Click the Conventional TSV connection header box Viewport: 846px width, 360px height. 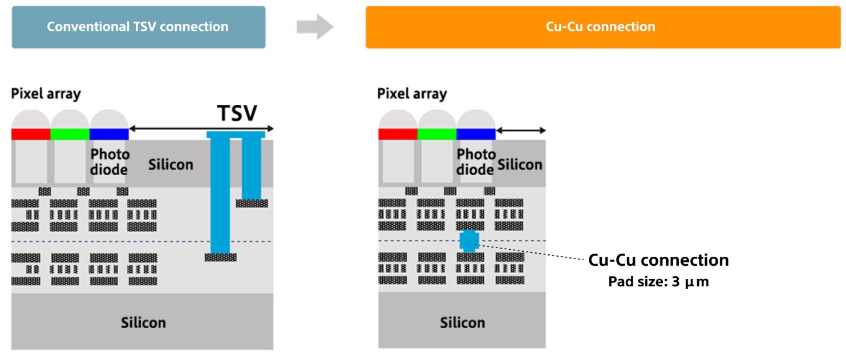[138, 27]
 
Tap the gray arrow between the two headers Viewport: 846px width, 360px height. [315, 27]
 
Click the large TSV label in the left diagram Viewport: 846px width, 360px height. [237, 114]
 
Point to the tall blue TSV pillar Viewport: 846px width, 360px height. [220, 194]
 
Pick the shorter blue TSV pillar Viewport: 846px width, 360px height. [252, 168]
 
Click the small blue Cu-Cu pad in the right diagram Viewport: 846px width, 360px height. [468, 241]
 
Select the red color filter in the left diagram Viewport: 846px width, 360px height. [31, 134]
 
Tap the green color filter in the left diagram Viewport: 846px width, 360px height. [70, 134]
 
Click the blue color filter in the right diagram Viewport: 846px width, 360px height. [476, 134]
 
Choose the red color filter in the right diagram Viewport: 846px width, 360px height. [398, 134]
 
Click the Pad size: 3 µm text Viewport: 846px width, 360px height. [658, 282]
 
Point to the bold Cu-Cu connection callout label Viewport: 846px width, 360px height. [658, 260]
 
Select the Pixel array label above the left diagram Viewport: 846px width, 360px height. [46, 94]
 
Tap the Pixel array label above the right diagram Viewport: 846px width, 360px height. [412, 94]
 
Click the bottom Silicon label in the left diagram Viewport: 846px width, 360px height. [143, 322]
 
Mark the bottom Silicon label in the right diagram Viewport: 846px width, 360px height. [462, 322]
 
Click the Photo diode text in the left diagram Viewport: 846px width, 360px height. [110, 162]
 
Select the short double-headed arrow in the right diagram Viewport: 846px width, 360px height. [521, 131]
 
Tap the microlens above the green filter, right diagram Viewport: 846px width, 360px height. [437, 120]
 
